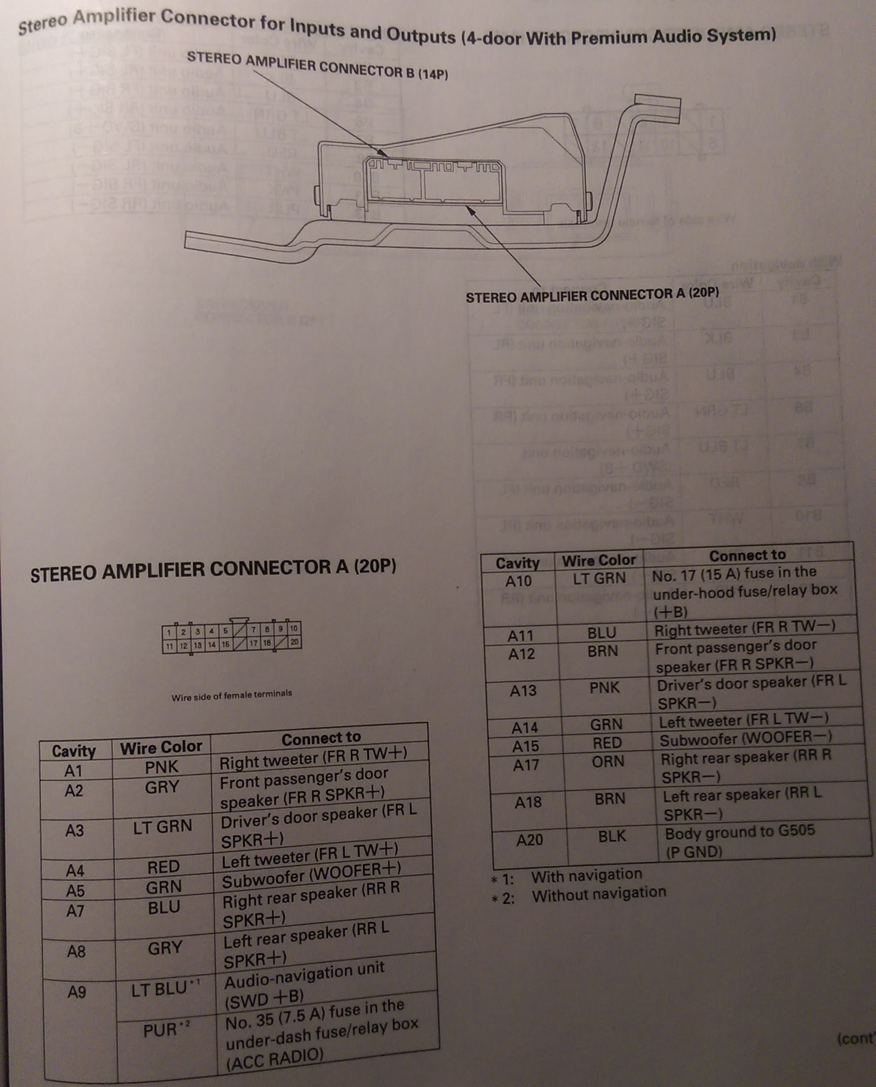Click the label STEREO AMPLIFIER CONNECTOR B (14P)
(317, 65)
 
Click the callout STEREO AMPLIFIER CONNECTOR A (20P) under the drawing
(592, 295)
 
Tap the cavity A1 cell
(74, 770)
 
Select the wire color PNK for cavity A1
(162, 767)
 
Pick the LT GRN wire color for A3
(163, 826)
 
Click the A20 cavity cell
(529, 840)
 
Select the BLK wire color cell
(611, 836)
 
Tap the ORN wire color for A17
(607, 762)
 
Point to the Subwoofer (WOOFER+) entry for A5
(311, 875)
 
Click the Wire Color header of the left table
(161, 747)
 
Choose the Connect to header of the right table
(747, 555)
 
